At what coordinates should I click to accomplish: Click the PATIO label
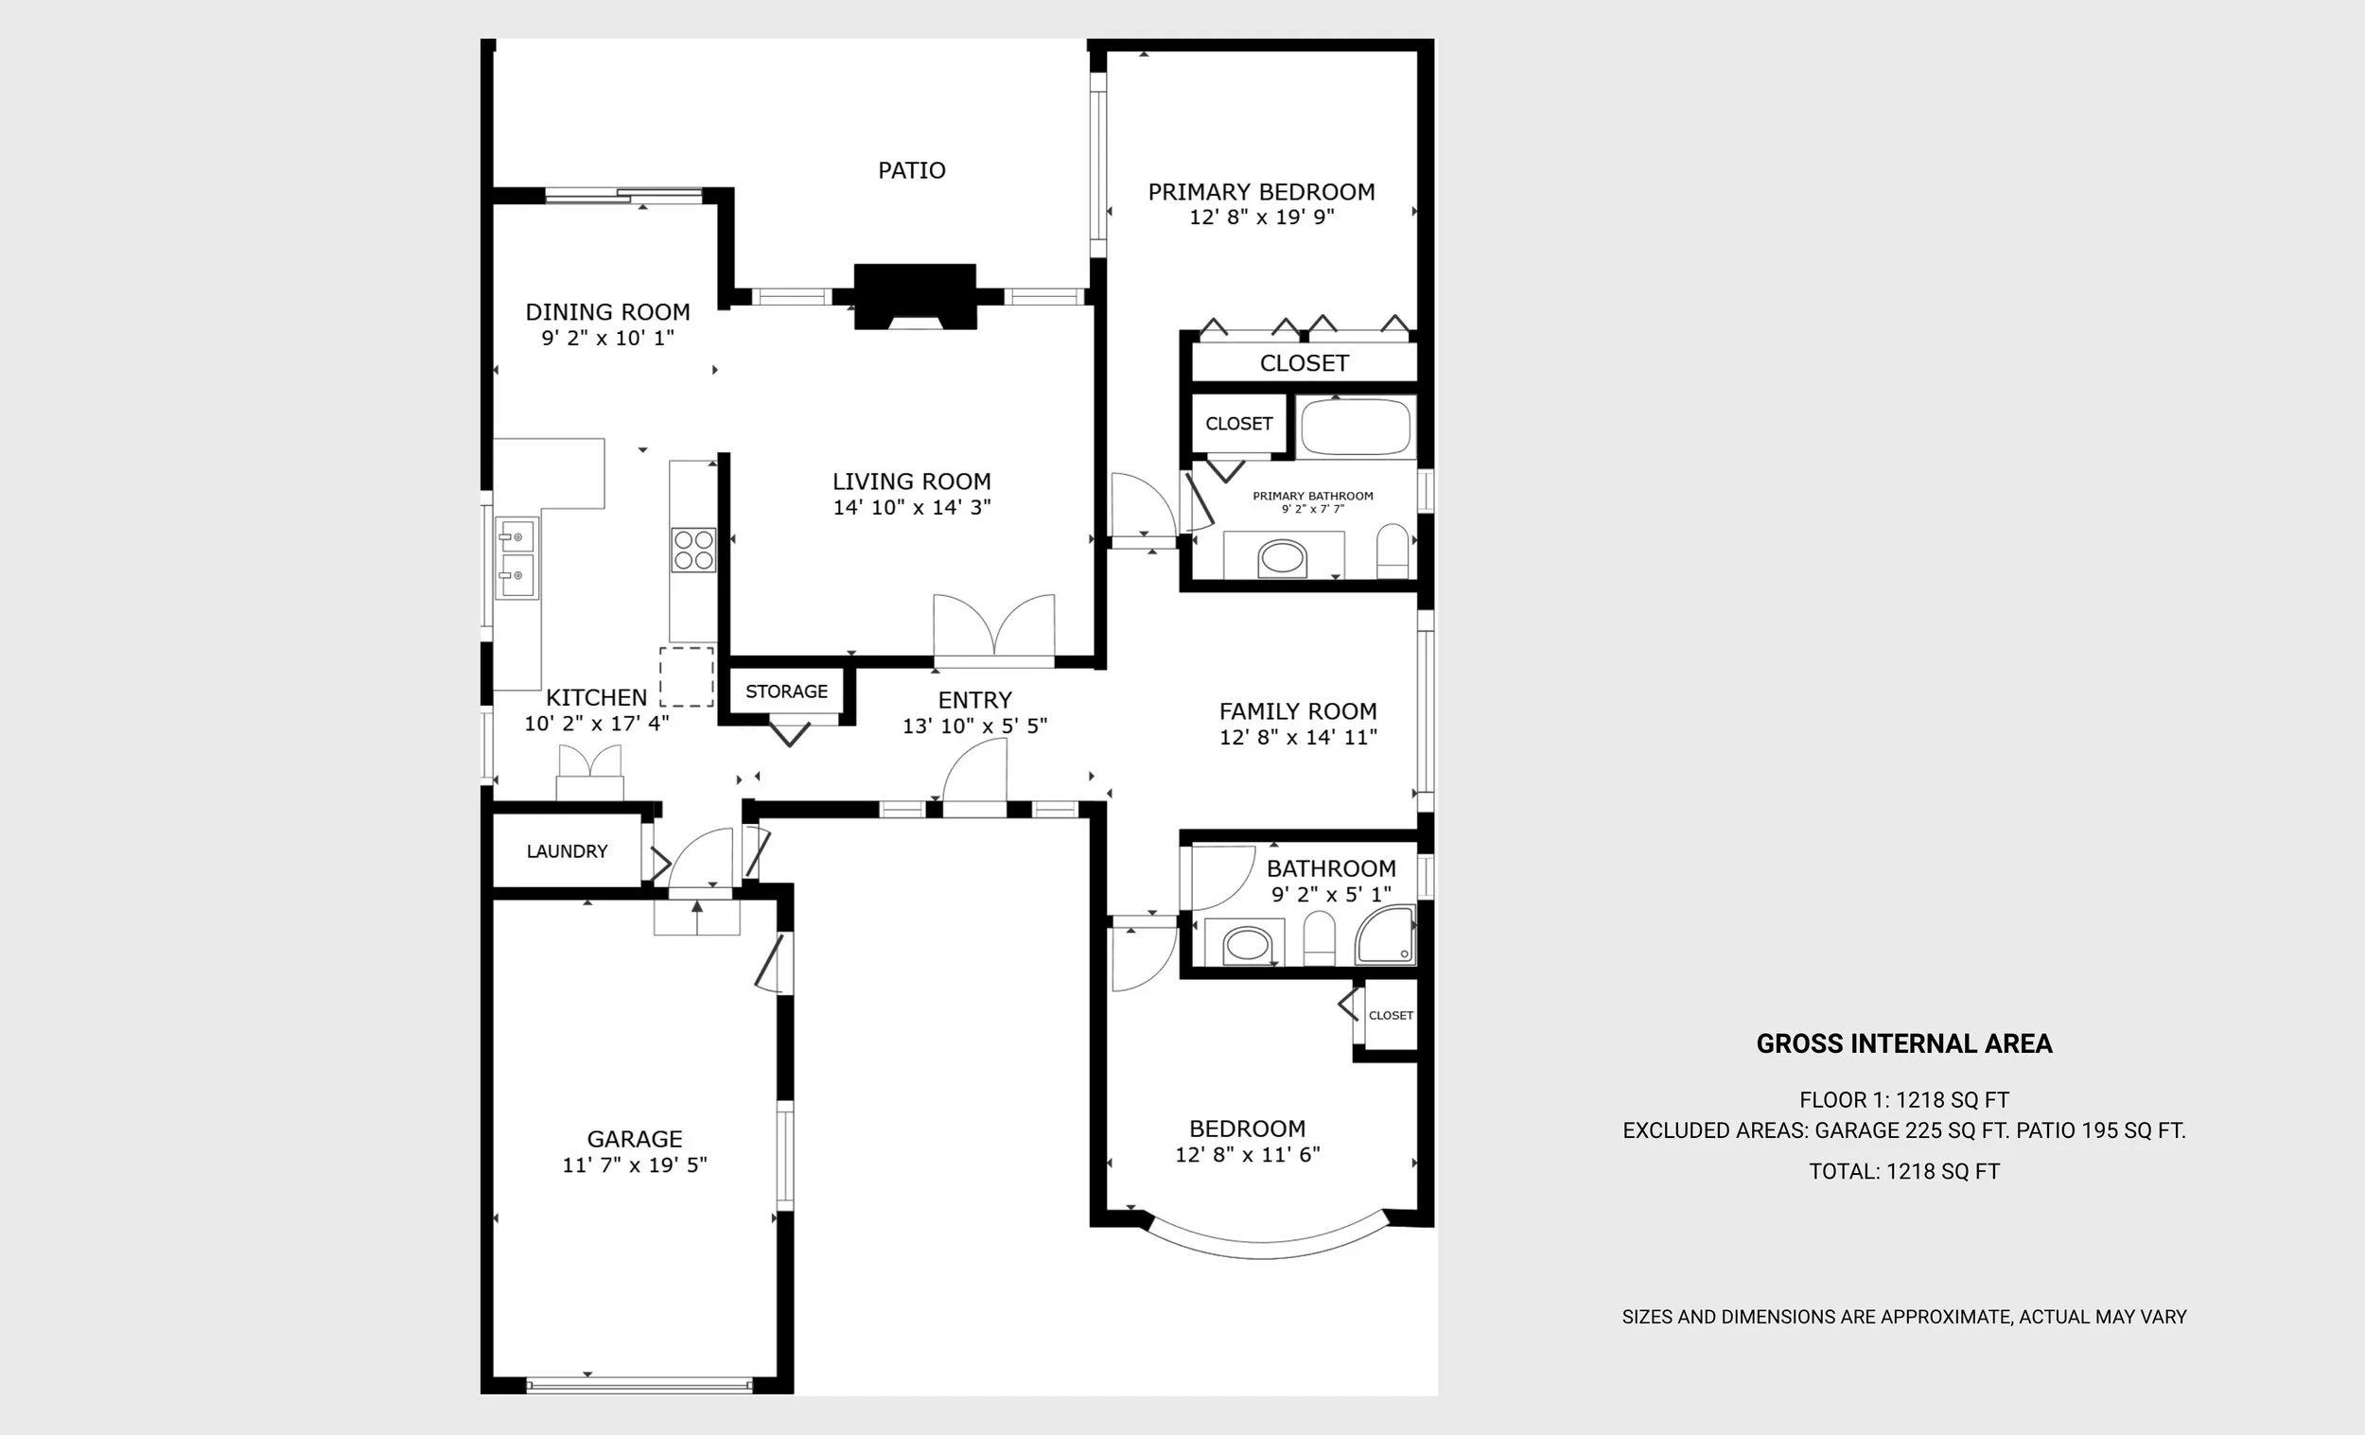tap(912, 171)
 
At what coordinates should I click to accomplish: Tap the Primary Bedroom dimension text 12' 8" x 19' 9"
tap(1261, 217)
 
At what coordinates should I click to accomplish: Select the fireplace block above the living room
tap(915, 297)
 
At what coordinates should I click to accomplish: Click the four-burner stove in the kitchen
tap(693, 550)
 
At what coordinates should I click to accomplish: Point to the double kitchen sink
tap(517, 558)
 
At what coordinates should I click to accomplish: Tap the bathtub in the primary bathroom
tap(1357, 428)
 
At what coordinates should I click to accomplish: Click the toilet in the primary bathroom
tap(1393, 551)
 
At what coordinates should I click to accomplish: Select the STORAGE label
tap(786, 691)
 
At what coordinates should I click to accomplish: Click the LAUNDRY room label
tap(567, 851)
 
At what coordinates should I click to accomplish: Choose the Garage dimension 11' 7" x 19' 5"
tap(635, 1164)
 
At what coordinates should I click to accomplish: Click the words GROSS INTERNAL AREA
tap(1904, 1043)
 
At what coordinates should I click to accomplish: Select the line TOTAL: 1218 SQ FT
tap(1904, 1171)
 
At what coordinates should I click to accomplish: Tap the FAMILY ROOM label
tap(1298, 711)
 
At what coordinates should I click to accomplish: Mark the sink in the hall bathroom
tap(1247, 944)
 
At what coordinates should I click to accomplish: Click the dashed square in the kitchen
tap(686, 676)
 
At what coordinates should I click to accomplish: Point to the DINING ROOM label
tap(607, 312)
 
